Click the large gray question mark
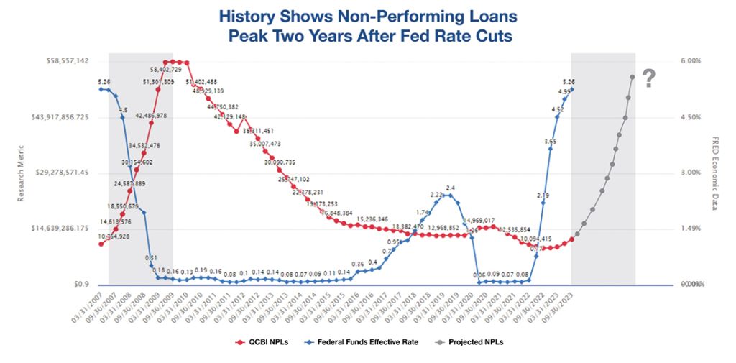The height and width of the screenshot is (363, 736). pyautogui.click(x=648, y=78)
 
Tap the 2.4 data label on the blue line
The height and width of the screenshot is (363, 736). pyautogui.click(x=451, y=188)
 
